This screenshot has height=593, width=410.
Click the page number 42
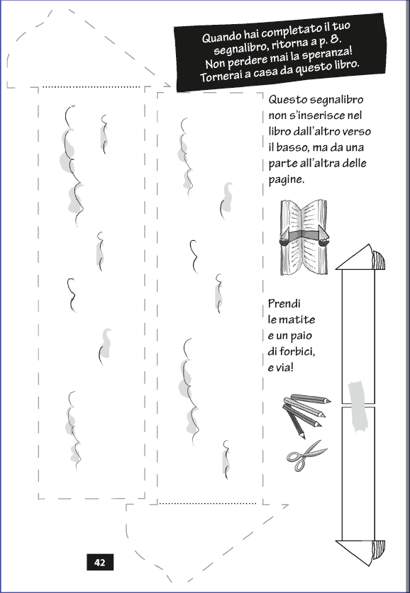coord(100,563)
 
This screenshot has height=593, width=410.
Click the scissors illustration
coord(306,456)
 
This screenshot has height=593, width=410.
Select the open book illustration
coord(304,237)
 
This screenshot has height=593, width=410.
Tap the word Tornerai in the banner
coord(217,76)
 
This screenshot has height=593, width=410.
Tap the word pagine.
coord(287,180)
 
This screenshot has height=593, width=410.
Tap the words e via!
coord(280,367)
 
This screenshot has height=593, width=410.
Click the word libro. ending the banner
coord(345,64)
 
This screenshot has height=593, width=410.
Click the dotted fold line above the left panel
coord(92,87)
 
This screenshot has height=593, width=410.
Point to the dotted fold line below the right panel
coord(208,503)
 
